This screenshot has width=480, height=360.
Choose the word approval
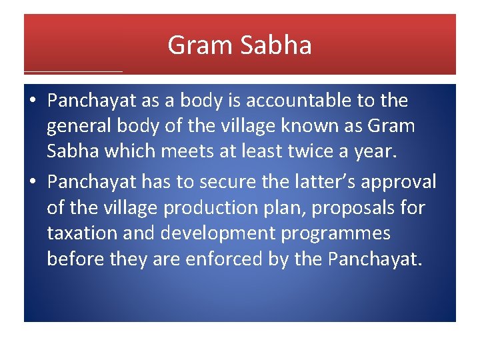[401, 182]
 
